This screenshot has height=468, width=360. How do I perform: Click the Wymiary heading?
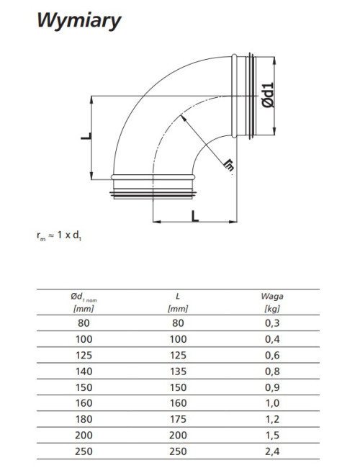(x=78, y=21)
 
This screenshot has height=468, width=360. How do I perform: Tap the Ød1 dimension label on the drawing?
(x=268, y=95)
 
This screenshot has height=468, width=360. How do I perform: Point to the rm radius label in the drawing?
(x=229, y=164)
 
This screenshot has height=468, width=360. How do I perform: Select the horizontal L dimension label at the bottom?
(x=195, y=216)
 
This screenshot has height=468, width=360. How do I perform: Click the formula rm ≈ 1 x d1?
(x=59, y=235)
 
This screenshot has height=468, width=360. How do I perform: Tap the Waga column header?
(x=272, y=302)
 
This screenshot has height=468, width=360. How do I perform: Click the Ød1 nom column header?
(x=84, y=302)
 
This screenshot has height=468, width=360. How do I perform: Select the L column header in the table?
(x=178, y=302)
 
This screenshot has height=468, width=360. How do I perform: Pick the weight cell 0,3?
(x=272, y=323)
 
